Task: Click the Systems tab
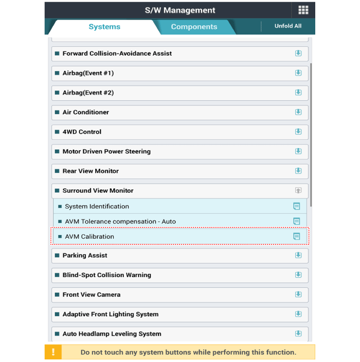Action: click(x=104, y=27)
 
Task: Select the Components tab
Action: click(x=194, y=27)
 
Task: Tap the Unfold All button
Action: click(x=288, y=26)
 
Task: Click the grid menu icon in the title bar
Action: click(x=303, y=10)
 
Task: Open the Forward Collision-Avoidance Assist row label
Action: click(x=117, y=53)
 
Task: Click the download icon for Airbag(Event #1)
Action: click(x=298, y=73)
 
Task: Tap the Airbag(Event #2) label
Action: click(x=88, y=93)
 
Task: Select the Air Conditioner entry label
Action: click(x=86, y=112)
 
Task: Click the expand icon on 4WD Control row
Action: click(x=298, y=132)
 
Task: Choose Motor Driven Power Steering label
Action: click(x=106, y=151)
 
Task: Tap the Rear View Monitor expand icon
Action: click(x=298, y=171)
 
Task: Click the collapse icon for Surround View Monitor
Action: click(x=298, y=190)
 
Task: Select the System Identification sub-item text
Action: click(x=97, y=206)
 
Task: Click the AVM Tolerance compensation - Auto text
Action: click(x=120, y=222)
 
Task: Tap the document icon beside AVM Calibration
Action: click(x=296, y=237)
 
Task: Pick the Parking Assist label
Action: click(x=85, y=256)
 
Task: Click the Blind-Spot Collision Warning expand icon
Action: click(x=298, y=275)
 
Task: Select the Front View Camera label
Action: click(x=92, y=295)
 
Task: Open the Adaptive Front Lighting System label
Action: click(x=111, y=314)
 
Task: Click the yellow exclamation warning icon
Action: click(x=53, y=352)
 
